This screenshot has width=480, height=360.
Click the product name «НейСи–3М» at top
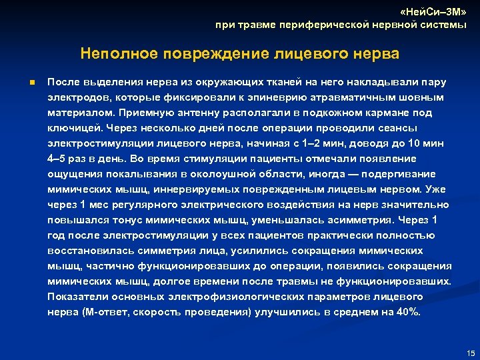pos(432,13)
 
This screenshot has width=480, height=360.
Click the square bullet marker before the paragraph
pos(31,83)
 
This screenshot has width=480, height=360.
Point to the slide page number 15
pos(471,353)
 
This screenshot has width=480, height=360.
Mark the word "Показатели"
pos(76,297)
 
